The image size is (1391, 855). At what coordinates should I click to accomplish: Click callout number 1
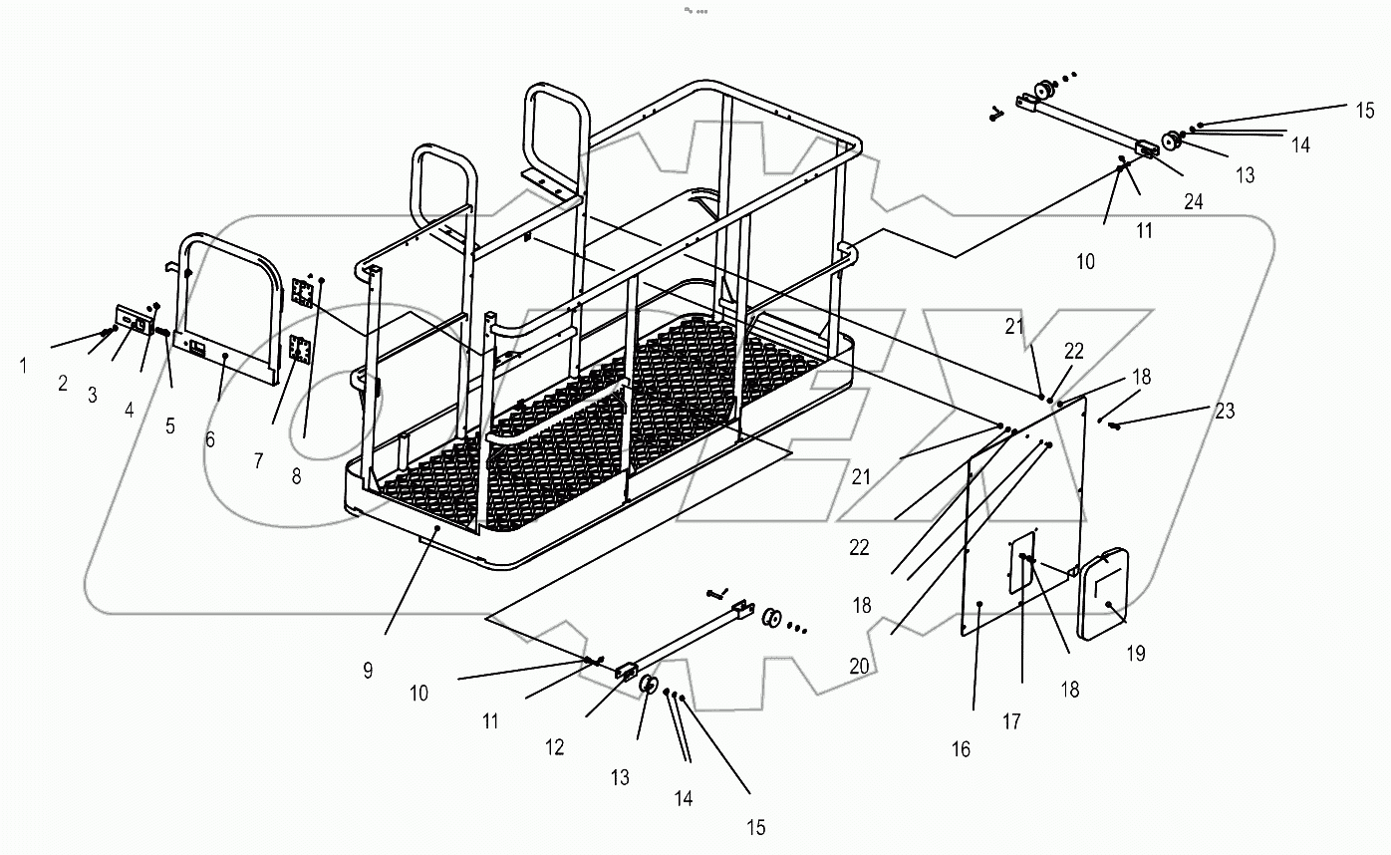pos(24,365)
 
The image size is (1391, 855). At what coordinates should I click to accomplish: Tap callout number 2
pos(63,384)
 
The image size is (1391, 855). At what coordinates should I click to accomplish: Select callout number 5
pos(170,426)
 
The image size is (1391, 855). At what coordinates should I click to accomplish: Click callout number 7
pos(259,460)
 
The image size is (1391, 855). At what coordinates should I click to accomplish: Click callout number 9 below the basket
pos(368,670)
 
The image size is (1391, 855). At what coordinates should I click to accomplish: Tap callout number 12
pos(554,746)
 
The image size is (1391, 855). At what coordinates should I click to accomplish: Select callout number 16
pos(961,749)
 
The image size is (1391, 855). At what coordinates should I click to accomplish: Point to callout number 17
pos(1011,722)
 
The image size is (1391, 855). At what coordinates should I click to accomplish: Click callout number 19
pos(1135,654)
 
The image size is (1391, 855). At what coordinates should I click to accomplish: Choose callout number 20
pos(859,666)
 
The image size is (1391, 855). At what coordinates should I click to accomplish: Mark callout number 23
pos(1225,410)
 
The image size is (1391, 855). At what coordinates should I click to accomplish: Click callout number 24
pos(1193,201)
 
